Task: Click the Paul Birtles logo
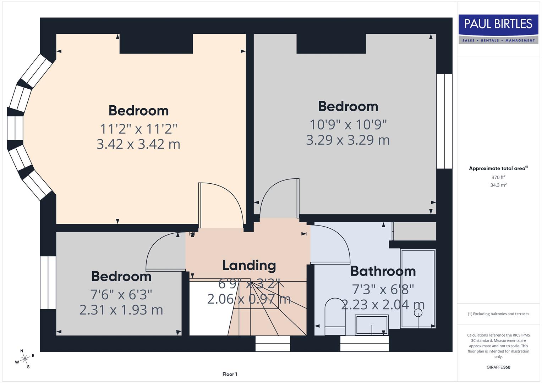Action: pyautogui.click(x=498, y=29)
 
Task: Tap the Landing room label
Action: pyautogui.click(x=249, y=265)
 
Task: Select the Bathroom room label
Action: pyautogui.click(x=383, y=271)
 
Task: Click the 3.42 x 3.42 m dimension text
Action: pyautogui.click(x=138, y=144)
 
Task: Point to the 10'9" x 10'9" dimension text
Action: pyautogui.click(x=348, y=124)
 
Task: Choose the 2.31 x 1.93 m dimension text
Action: pyautogui.click(x=121, y=310)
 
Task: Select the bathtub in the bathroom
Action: pyautogui.click(x=418, y=288)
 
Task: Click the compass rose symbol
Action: pyautogui.click(x=24, y=359)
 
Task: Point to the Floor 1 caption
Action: pyautogui.click(x=230, y=374)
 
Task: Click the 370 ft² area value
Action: pyautogui.click(x=498, y=177)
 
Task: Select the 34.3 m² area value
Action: pyautogui.click(x=498, y=185)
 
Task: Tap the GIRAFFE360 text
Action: pyautogui.click(x=498, y=367)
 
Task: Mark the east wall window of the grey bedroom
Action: pyautogui.click(x=444, y=121)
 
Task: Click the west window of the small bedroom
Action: pyautogui.click(x=48, y=283)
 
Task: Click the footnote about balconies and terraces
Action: pyautogui.click(x=498, y=314)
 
